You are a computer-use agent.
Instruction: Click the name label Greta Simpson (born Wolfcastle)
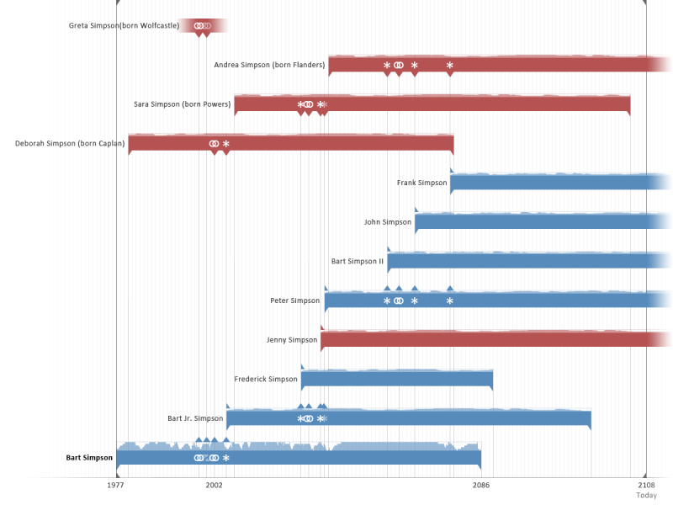(x=124, y=26)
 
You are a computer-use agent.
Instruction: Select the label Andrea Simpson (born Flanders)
(x=269, y=65)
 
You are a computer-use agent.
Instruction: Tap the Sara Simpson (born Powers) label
(x=182, y=104)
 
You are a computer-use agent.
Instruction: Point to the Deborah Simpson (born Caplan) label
(x=70, y=144)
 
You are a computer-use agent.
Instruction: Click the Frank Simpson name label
(x=421, y=183)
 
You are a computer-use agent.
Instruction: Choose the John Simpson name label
(x=387, y=222)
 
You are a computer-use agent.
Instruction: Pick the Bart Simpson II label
(x=357, y=262)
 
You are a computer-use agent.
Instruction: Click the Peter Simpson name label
(x=294, y=300)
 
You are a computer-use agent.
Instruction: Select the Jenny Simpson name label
(x=291, y=340)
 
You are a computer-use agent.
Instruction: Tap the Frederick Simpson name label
(x=265, y=380)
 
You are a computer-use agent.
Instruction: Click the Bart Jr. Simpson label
(x=195, y=418)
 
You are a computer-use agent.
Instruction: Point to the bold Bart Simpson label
(x=89, y=458)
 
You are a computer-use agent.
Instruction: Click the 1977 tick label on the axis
(x=116, y=486)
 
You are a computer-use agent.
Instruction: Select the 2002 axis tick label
(x=214, y=486)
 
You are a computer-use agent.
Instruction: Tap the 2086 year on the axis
(x=481, y=486)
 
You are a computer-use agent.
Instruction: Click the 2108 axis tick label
(x=646, y=486)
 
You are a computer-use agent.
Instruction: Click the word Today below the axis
(x=646, y=496)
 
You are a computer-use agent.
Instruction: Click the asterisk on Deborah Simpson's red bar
(x=225, y=144)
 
